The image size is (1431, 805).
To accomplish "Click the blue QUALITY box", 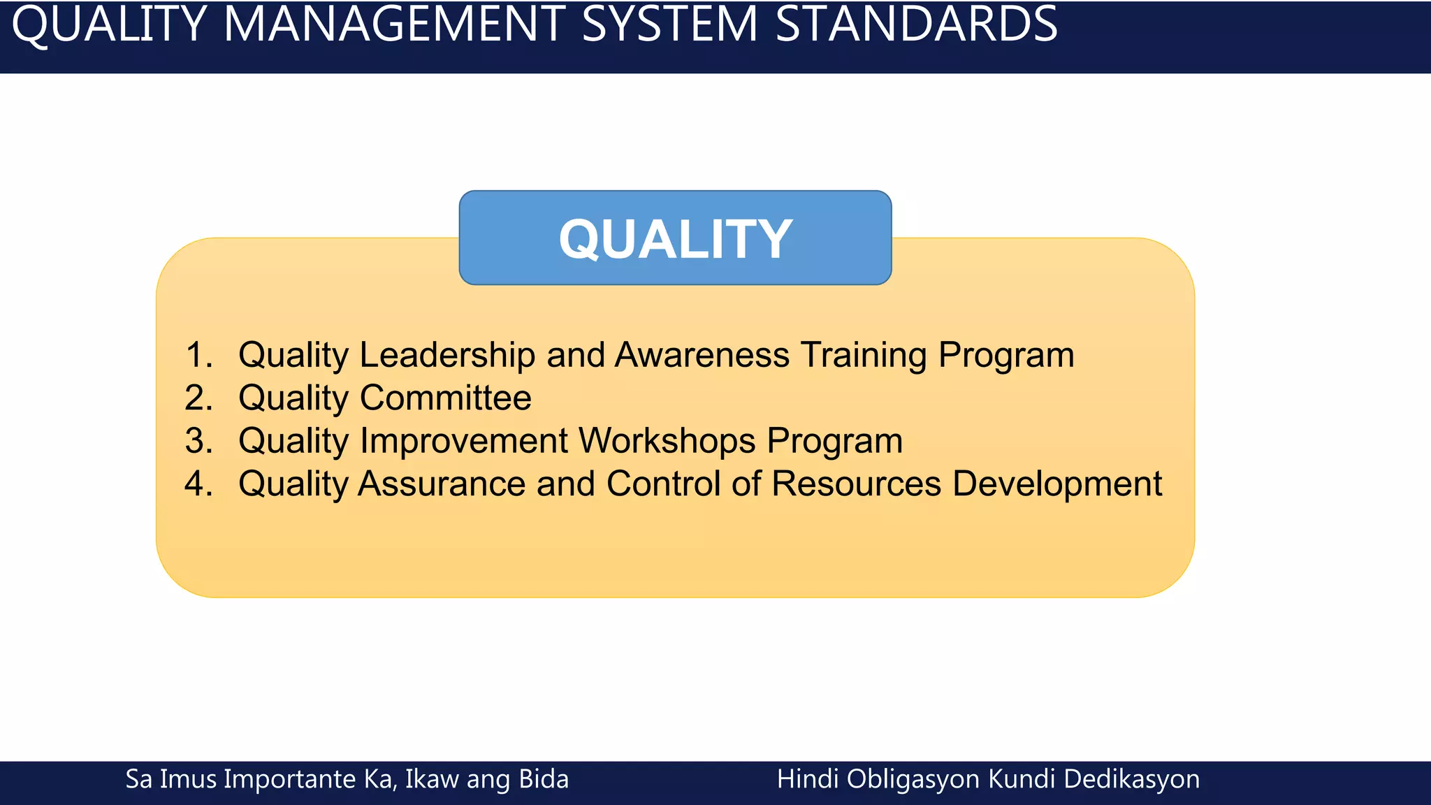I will point(675,238).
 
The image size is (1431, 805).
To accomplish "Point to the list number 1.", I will point(198,355).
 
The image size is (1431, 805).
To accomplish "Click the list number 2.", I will point(198,398).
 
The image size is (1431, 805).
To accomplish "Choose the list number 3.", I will point(198,441).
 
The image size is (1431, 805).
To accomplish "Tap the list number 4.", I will point(198,484).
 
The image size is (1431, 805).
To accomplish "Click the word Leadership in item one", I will point(447,355).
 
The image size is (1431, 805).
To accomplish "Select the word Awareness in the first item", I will point(702,355).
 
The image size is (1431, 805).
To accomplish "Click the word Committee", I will point(445,398).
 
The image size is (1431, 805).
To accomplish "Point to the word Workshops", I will point(667,441).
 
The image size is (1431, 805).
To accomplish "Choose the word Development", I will point(1056,484).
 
